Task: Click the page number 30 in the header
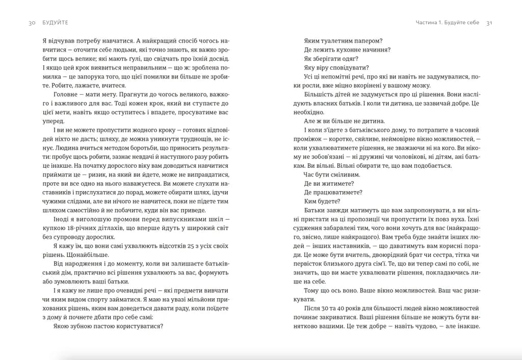(x=31, y=23)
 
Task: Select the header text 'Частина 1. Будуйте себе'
(x=447, y=23)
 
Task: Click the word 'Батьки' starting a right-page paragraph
(x=315, y=210)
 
